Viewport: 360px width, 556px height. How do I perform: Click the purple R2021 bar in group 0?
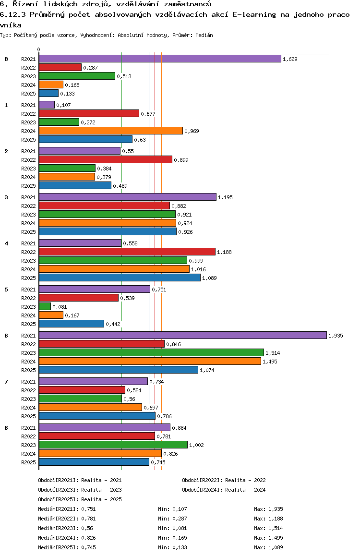[160, 59]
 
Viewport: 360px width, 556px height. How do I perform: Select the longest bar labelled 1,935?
[182, 335]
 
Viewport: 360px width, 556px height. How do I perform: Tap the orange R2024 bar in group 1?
[111, 131]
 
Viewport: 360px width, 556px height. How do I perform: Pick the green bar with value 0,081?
[45, 306]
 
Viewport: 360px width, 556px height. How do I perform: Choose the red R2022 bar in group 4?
[127, 252]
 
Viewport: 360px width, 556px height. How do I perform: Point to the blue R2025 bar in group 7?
[97, 416]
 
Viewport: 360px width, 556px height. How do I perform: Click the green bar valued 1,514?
[151, 352]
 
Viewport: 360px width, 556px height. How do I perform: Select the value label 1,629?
[290, 59]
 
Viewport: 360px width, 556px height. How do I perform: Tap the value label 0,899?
[181, 160]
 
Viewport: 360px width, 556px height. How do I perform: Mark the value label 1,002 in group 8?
[197, 445]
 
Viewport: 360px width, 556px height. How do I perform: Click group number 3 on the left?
[6, 197]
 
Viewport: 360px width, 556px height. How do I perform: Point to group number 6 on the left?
[6, 336]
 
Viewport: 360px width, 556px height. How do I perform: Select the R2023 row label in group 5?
[29, 307]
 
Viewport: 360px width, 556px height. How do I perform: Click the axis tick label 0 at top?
[39, 49]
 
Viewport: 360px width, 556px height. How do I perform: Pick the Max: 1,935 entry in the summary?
[269, 509]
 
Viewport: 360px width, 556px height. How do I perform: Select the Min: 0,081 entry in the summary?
[173, 528]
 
